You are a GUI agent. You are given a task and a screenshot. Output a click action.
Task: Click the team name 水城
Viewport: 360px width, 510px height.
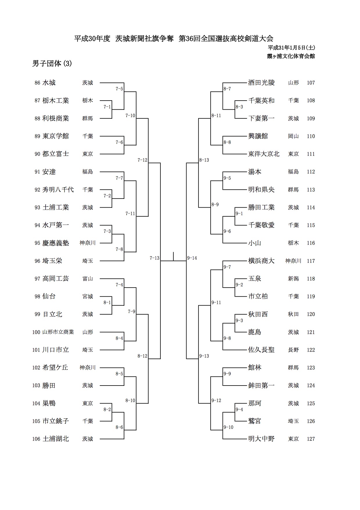pyautogui.click(x=49, y=83)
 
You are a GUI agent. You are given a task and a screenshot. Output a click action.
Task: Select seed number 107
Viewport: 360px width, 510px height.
pyautogui.click(x=311, y=83)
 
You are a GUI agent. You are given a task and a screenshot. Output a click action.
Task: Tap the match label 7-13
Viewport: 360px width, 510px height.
pyautogui.click(x=155, y=258)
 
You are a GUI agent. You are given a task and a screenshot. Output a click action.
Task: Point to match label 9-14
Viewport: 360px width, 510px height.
pyautogui.click(x=192, y=258)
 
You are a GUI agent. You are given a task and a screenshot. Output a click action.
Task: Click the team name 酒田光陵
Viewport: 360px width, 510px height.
pyautogui.click(x=261, y=83)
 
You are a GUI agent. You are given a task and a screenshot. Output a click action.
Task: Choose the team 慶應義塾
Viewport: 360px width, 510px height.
pyautogui.click(x=55, y=243)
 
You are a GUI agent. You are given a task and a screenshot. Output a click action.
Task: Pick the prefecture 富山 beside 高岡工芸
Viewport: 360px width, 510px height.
pyautogui.click(x=87, y=279)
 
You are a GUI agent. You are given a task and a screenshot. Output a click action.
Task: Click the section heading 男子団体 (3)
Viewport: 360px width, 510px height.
pyautogui.click(x=52, y=64)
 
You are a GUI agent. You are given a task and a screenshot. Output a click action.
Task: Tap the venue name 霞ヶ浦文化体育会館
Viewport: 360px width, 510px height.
pyautogui.click(x=291, y=56)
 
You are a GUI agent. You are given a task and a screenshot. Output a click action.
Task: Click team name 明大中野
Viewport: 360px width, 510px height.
pyautogui.click(x=261, y=439)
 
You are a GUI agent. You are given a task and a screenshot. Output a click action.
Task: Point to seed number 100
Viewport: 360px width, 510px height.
pyautogui.click(x=36, y=332)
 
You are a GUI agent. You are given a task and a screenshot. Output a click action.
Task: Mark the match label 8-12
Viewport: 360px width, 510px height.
pyautogui.click(x=142, y=356)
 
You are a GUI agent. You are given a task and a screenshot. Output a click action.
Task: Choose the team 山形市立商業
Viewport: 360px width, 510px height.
pyautogui.click(x=58, y=332)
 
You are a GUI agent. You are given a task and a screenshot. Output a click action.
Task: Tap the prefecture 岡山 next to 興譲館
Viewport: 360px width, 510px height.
pyautogui.click(x=293, y=136)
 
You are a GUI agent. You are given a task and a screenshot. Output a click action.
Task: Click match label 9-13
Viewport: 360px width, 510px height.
pyautogui.click(x=204, y=356)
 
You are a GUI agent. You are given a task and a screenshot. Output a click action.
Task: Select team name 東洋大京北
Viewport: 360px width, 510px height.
pyautogui.click(x=264, y=154)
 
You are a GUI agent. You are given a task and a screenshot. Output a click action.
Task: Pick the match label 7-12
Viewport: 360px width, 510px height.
pyautogui.click(x=142, y=160)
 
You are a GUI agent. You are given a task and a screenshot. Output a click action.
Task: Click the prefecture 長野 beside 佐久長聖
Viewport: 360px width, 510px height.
pyautogui.click(x=293, y=350)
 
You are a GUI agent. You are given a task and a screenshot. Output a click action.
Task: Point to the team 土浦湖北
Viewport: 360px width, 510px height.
pyautogui.click(x=55, y=439)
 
